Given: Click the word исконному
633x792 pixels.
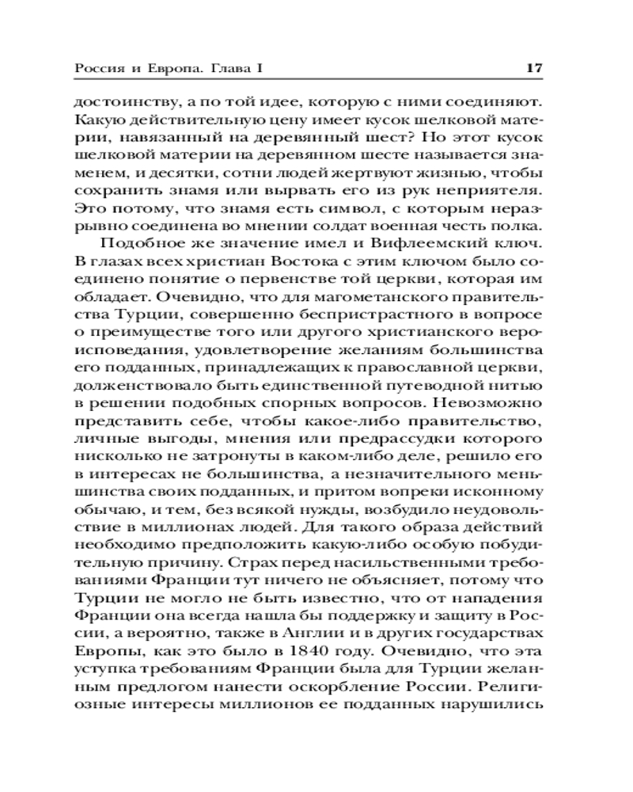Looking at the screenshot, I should pos(506,493).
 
